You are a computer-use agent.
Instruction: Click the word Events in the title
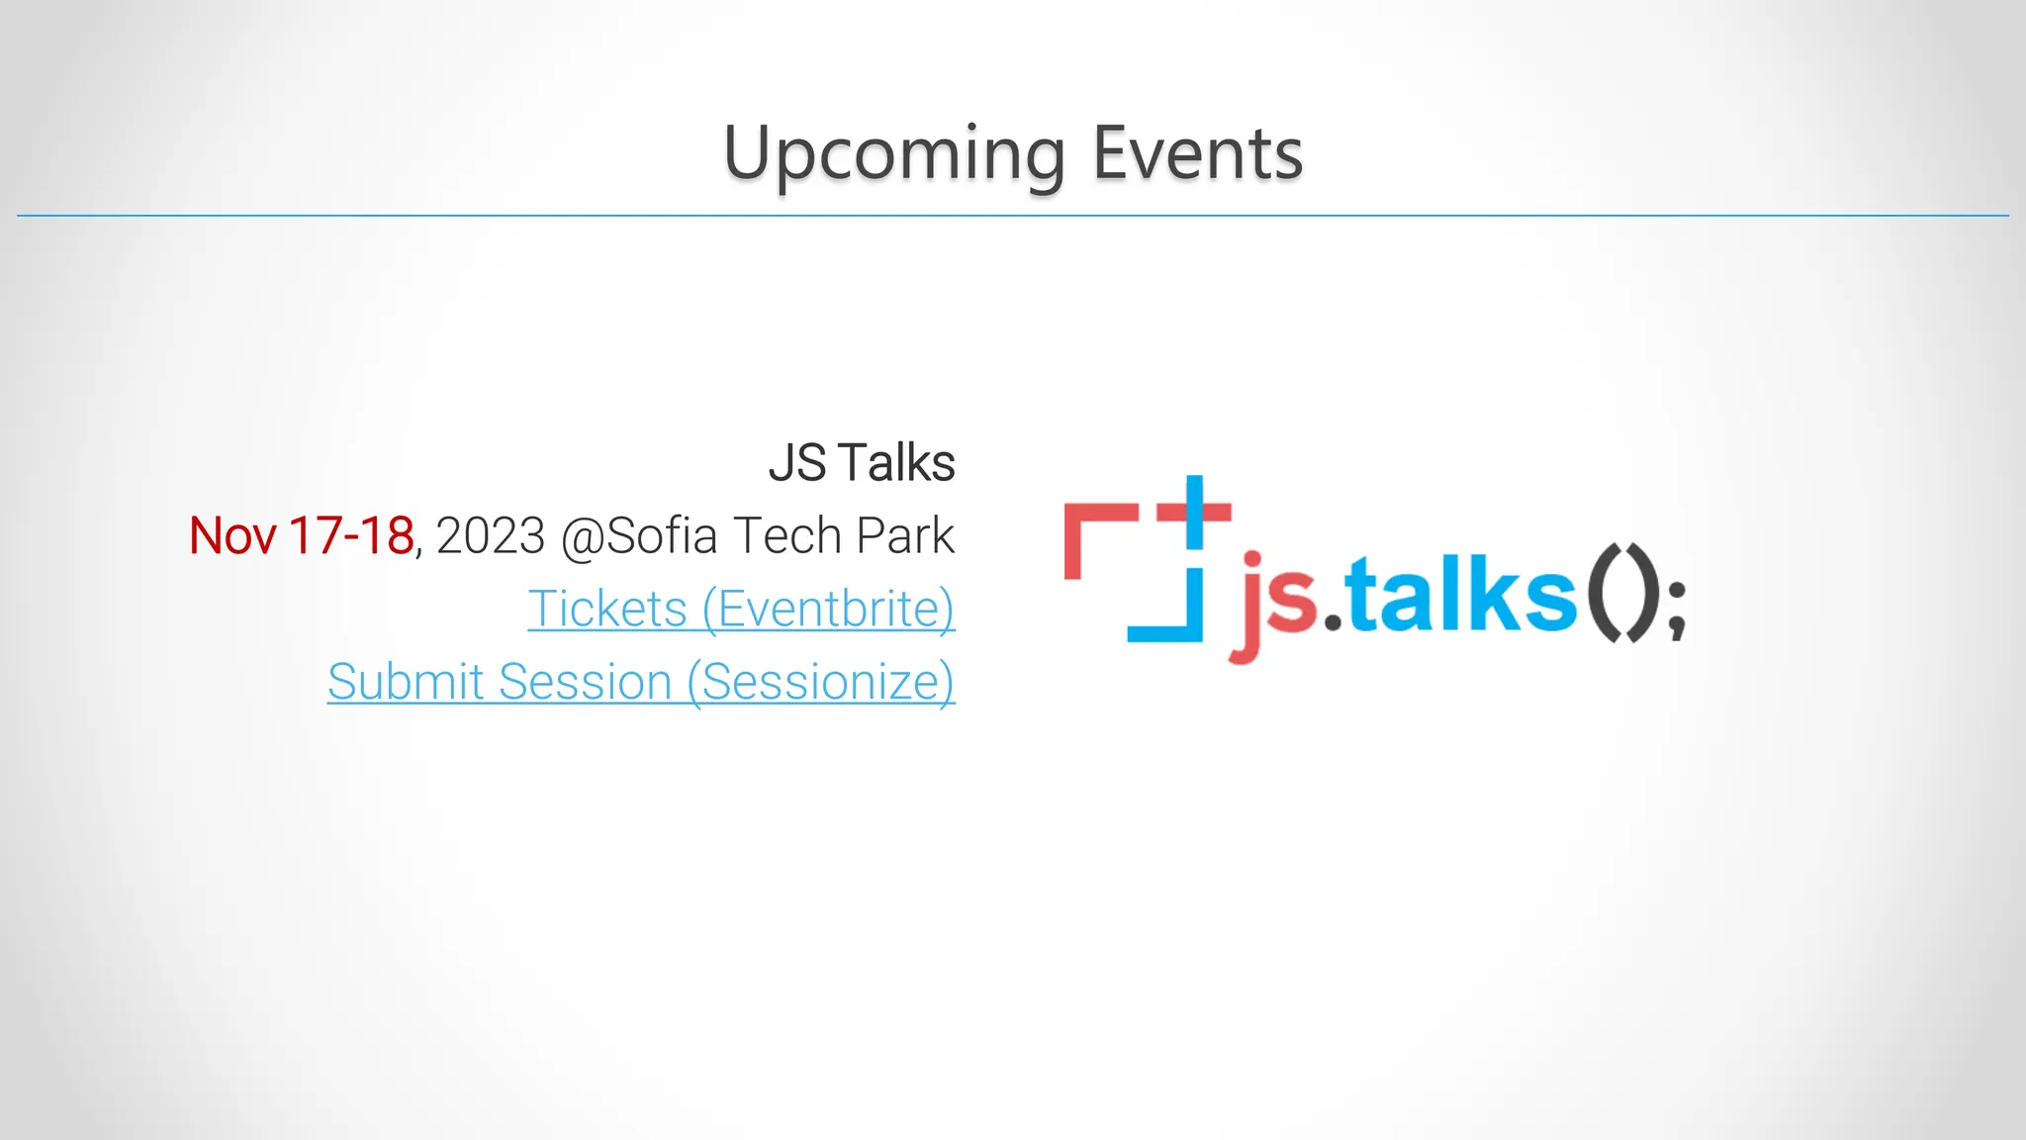click(x=1197, y=155)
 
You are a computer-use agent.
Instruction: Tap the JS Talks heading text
click(x=861, y=463)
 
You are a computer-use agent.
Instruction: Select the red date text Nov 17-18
click(x=301, y=536)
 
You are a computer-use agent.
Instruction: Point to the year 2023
click(x=491, y=536)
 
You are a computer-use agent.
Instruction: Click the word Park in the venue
click(x=905, y=536)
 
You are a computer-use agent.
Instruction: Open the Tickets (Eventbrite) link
click(x=741, y=609)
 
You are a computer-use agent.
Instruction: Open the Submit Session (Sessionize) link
click(x=641, y=682)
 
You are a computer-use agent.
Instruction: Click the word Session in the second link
click(x=585, y=682)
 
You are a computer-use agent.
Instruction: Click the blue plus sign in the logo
click(x=1194, y=512)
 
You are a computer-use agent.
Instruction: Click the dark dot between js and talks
click(x=1333, y=622)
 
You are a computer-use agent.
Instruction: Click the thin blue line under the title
click(x=1013, y=215)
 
